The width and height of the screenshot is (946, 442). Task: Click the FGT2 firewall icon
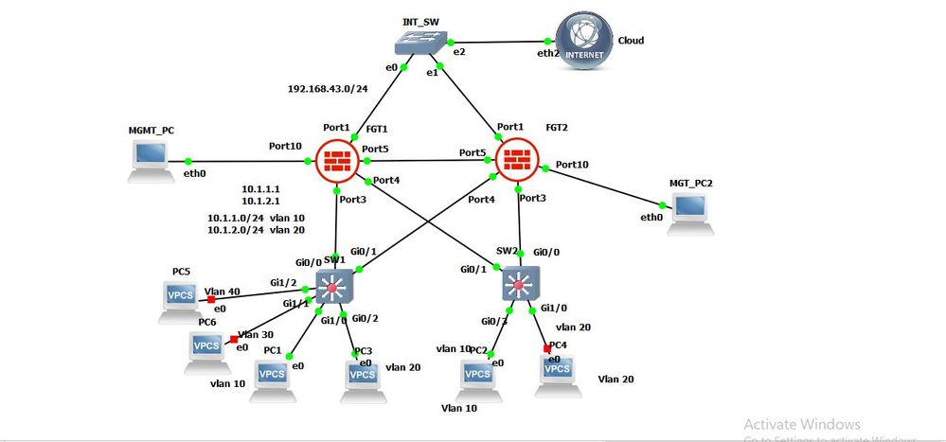(x=516, y=160)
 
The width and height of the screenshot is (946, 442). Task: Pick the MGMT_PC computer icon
(x=150, y=161)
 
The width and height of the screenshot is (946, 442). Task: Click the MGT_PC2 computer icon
(x=690, y=212)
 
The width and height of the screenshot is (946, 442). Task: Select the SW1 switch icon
(x=334, y=285)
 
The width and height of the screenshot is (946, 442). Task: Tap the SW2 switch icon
(x=520, y=283)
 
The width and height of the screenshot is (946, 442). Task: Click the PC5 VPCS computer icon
(x=181, y=298)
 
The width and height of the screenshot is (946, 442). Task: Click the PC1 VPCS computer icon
(x=272, y=378)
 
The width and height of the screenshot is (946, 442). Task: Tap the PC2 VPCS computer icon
(x=478, y=376)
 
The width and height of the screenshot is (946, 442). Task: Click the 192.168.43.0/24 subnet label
(x=328, y=89)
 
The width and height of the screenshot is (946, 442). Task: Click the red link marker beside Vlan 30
(x=233, y=339)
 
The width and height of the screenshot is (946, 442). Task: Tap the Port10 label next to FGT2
(x=572, y=165)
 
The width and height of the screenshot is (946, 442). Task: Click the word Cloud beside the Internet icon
(x=631, y=41)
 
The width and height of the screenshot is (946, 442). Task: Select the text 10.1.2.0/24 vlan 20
(x=256, y=230)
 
